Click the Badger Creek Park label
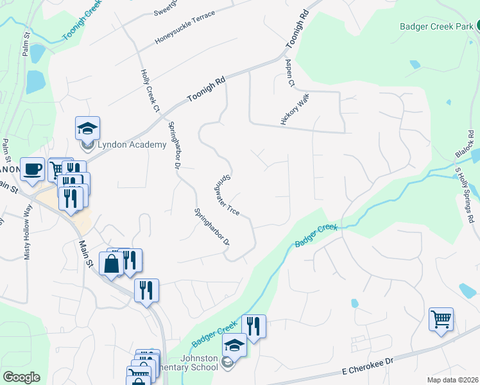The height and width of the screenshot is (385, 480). tap(436, 26)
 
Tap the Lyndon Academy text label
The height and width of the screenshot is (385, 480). tap(132, 145)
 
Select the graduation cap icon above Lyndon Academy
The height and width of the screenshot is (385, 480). tap(87, 128)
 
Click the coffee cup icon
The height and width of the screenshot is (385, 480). tap(33, 169)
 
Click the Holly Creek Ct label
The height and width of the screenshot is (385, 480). tap(149, 90)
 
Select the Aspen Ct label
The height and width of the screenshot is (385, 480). tap(289, 74)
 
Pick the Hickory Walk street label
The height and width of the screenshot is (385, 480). tap(295, 111)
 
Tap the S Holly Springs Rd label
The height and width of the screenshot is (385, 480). tap(465, 194)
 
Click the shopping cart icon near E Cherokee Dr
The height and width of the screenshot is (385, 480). tap(441, 319)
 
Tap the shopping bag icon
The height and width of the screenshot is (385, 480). tap(111, 264)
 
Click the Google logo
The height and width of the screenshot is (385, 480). tap(22, 377)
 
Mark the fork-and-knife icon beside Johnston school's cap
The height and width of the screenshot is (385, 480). tap(254, 327)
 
